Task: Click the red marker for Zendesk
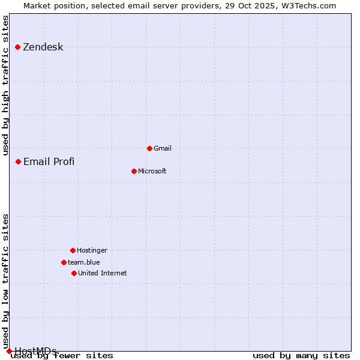point(17,47)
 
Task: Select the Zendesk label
point(43,47)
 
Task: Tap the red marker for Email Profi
point(18,161)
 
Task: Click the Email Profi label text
point(49,161)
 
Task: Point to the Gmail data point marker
point(149,148)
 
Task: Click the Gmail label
point(163,148)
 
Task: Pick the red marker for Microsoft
point(134,171)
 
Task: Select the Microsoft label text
point(152,171)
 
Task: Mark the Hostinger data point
point(73,250)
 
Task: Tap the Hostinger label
point(92,250)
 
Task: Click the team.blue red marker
point(64,262)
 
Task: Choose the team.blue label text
point(83,262)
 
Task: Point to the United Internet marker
point(74,273)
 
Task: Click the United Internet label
point(102,273)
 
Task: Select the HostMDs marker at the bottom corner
point(9,351)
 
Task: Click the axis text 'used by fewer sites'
point(62,356)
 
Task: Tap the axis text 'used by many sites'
point(301,356)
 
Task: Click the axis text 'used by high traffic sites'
point(6,85)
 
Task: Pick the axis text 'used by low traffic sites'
point(6,281)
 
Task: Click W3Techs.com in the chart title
point(307,5)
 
